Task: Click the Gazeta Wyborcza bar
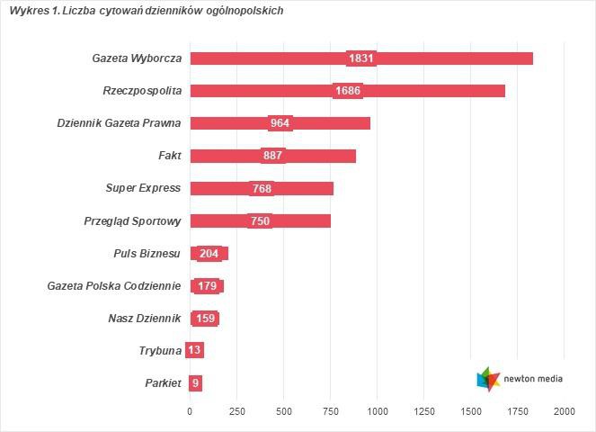tap(449, 58)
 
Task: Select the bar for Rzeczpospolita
tap(431, 91)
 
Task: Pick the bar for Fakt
tap(315, 156)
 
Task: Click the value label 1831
tap(361, 58)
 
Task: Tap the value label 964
tap(280, 123)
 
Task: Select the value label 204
tap(209, 254)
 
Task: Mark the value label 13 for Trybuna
tap(194, 350)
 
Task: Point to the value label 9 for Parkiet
tap(195, 383)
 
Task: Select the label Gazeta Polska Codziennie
tap(114, 286)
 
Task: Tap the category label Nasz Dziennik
tap(144, 319)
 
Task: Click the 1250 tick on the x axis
tap(423, 411)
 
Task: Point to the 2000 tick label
tap(564, 411)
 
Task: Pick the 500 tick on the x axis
tap(283, 411)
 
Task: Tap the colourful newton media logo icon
tap(488, 379)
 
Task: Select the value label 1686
tap(348, 91)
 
